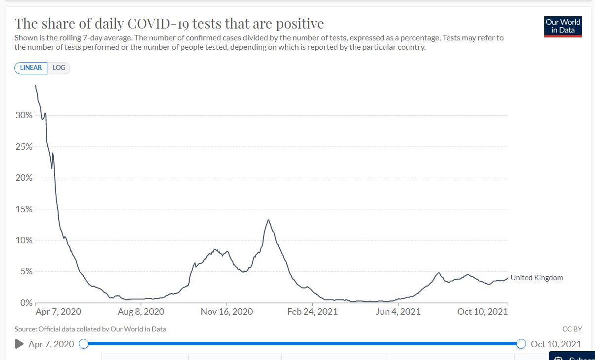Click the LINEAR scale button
(31, 68)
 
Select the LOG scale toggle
(59, 68)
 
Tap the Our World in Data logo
(563, 26)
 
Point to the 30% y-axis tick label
(24, 115)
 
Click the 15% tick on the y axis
(24, 209)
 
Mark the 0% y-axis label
(26, 302)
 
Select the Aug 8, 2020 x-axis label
(141, 312)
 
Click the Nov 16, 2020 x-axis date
(227, 312)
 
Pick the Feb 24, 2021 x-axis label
(312, 312)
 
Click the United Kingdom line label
(536, 278)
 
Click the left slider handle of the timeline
(84, 344)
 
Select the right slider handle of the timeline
(521, 344)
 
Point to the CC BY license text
(572, 328)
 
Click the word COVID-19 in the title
(153, 24)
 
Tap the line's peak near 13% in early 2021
(268, 220)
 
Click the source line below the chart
(90, 328)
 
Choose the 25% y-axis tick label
(24, 147)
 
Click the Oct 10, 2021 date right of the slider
(556, 344)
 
